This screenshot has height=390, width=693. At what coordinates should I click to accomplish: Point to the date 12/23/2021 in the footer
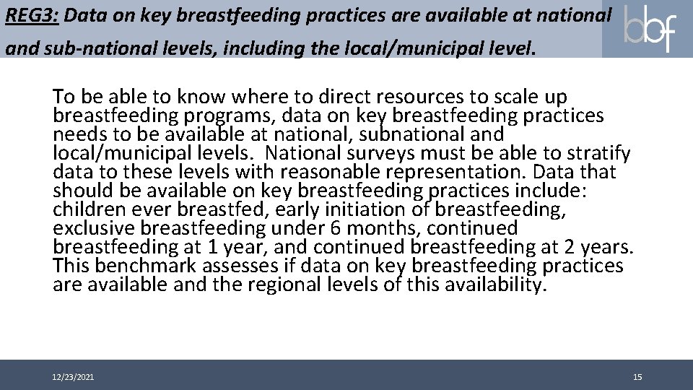point(72,378)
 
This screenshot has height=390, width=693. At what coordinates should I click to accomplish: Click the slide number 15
point(637,378)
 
